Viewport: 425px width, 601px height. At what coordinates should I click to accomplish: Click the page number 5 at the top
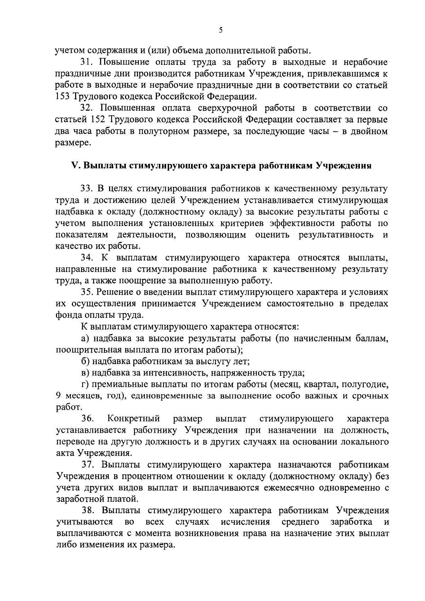[x=220, y=31]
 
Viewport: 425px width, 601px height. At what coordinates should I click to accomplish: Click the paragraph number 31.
[x=87, y=62]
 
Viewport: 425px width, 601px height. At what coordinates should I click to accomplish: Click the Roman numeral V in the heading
[x=74, y=166]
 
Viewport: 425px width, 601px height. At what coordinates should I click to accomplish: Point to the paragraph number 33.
[x=87, y=188]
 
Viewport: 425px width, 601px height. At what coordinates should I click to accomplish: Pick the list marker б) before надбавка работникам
[x=85, y=362]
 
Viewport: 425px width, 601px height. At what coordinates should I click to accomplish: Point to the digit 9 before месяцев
[x=58, y=396]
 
